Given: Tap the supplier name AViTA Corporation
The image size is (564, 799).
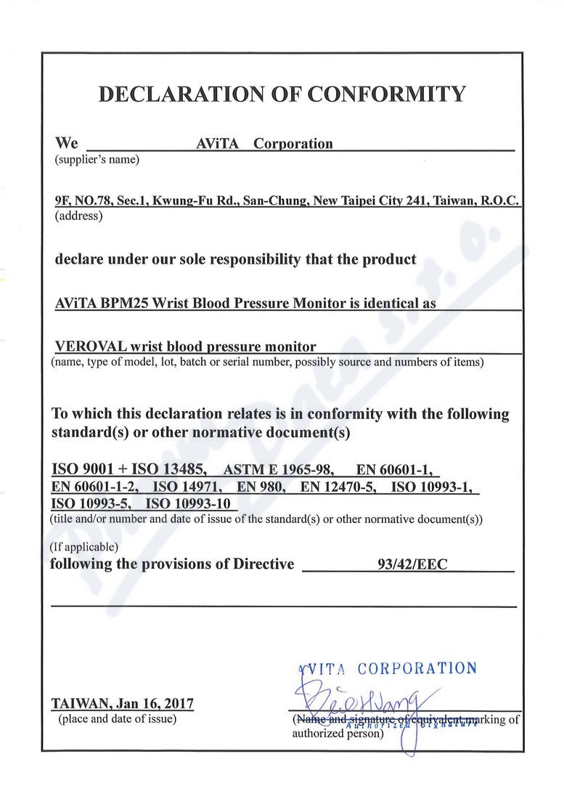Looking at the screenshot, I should click(264, 144).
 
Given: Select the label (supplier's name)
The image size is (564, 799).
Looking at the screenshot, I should click(97, 159).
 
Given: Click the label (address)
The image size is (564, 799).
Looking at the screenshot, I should click(79, 216).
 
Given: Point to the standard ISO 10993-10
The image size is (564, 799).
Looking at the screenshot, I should click(187, 503).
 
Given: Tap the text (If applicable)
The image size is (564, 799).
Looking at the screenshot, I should click(84, 547).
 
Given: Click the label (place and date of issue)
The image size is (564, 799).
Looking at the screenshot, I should click(117, 719).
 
